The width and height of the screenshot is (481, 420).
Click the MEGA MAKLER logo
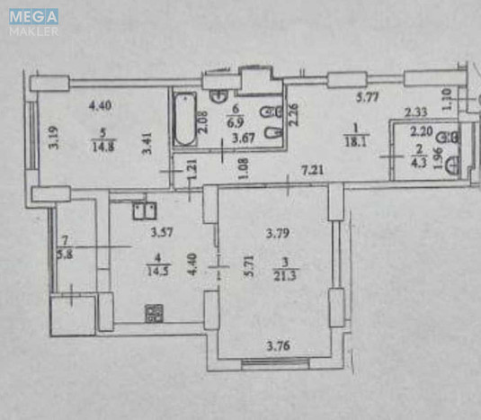point(35,22)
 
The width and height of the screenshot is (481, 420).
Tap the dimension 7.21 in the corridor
point(312,169)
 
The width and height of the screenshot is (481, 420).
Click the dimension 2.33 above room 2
point(415,113)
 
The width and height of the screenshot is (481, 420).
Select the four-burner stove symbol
point(153,313)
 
